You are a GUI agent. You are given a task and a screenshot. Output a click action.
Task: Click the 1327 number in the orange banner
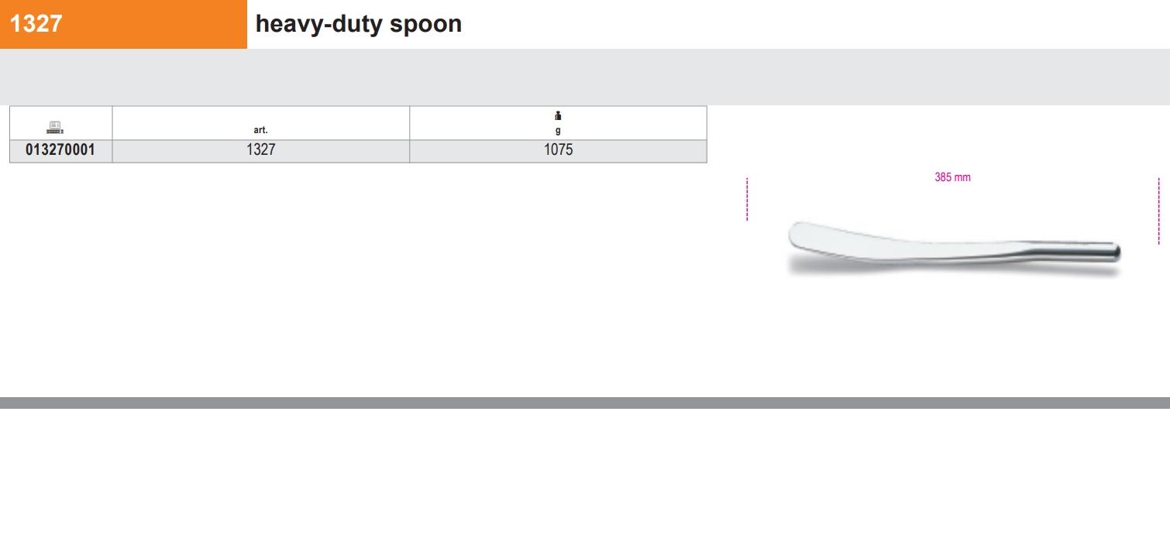pyautogui.click(x=36, y=23)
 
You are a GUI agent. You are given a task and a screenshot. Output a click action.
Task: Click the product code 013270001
pyautogui.click(x=60, y=149)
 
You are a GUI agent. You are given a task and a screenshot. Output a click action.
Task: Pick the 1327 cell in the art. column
pyautogui.click(x=260, y=149)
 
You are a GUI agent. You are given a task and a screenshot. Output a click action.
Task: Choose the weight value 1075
pyautogui.click(x=559, y=149)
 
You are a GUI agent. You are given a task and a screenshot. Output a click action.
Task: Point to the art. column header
pyautogui.click(x=260, y=130)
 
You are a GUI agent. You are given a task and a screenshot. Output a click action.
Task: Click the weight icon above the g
pyautogui.click(x=558, y=116)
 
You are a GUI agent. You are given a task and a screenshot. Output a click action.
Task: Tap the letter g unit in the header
pyautogui.click(x=558, y=130)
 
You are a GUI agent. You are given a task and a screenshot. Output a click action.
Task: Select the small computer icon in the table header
pyautogui.click(x=55, y=127)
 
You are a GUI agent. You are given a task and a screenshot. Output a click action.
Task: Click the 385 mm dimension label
pyautogui.click(x=953, y=177)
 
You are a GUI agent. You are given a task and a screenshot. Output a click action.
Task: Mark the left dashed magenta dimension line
pyautogui.click(x=747, y=199)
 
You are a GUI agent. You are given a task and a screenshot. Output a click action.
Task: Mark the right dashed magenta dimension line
pyautogui.click(x=1158, y=211)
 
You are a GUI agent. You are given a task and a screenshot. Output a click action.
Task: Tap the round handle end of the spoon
pyautogui.click(x=1117, y=252)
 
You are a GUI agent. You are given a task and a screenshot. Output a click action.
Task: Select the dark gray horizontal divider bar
pyautogui.click(x=585, y=403)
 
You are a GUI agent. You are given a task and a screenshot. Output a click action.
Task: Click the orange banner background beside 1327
pyautogui.click(x=157, y=24)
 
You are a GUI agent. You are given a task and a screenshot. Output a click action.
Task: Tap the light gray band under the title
pyautogui.click(x=585, y=77)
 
